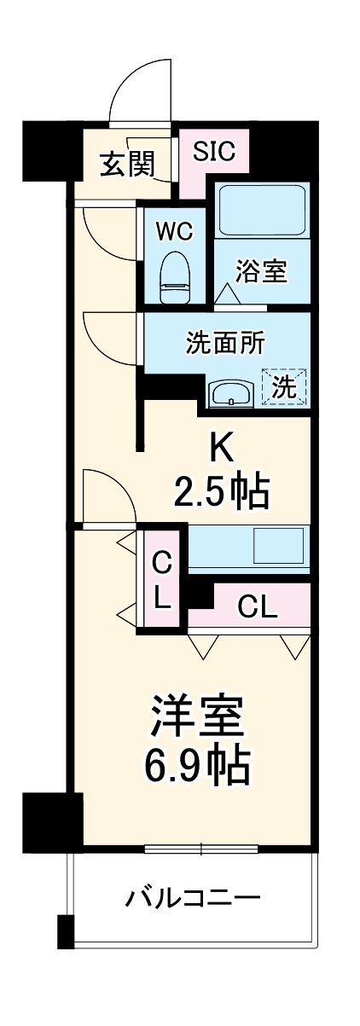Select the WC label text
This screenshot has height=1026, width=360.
click(174, 232)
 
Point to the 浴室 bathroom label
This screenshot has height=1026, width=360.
click(262, 272)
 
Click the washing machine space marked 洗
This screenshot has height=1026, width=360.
click(284, 386)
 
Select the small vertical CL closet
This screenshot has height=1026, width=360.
click(162, 580)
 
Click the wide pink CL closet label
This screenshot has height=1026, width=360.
click(257, 607)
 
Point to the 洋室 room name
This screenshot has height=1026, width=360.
click(199, 717)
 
